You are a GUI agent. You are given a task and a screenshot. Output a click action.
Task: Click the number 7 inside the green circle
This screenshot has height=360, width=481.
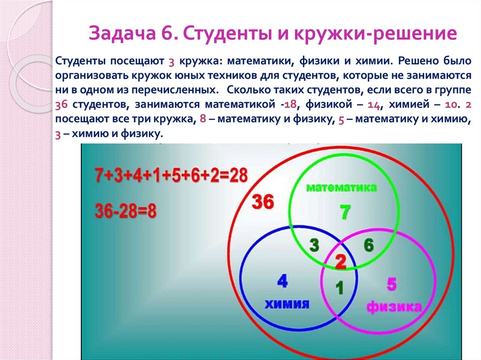click(x=344, y=213)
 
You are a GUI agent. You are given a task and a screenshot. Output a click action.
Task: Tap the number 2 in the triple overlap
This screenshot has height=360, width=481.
click(x=340, y=262)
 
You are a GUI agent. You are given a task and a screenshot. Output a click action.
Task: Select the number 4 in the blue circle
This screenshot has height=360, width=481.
click(x=282, y=281)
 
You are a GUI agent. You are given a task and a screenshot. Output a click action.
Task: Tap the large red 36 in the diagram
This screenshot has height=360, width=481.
click(x=262, y=203)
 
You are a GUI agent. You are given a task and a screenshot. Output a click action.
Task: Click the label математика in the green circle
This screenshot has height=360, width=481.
click(x=341, y=188)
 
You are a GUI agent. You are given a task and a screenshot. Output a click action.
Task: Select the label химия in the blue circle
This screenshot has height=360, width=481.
click(x=287, y=304)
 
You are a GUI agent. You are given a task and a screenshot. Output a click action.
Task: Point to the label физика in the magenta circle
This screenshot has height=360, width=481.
click(x=394, y=307)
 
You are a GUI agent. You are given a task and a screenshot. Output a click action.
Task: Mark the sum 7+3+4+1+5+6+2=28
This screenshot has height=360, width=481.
click(x=171, y=176)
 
